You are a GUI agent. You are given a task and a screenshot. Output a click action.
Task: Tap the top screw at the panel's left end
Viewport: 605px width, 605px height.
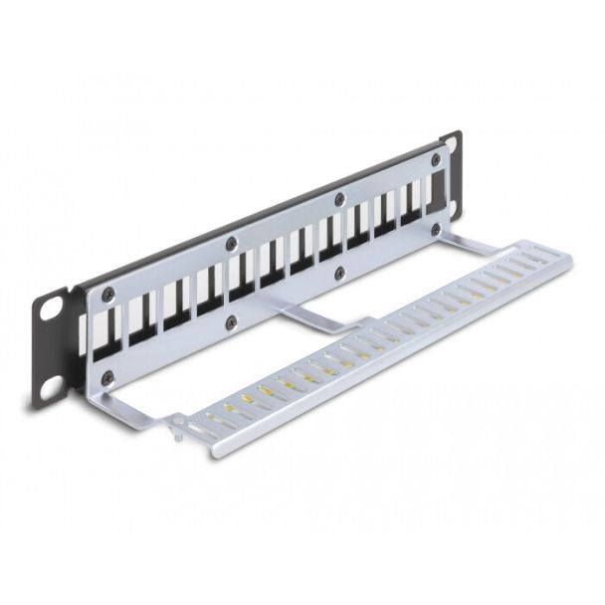click(x=108, y=294)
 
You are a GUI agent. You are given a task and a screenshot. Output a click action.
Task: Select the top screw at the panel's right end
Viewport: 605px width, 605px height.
click(x=435, y=159)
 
